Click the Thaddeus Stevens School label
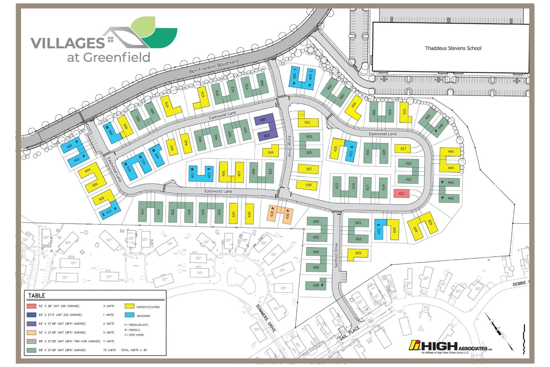click(453, 48)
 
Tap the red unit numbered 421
click(401, 193)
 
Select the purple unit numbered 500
click(263, 120)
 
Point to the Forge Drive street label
click(289, 146)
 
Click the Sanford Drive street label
click(336, 255)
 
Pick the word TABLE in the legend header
click(37, 296)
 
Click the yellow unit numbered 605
click(358, 253)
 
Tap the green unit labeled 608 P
click(316, 285)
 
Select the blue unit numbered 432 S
click(378, 230)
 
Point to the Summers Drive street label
click(266, 318)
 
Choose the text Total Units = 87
click(134, 350)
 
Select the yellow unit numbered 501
click(307, 122)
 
